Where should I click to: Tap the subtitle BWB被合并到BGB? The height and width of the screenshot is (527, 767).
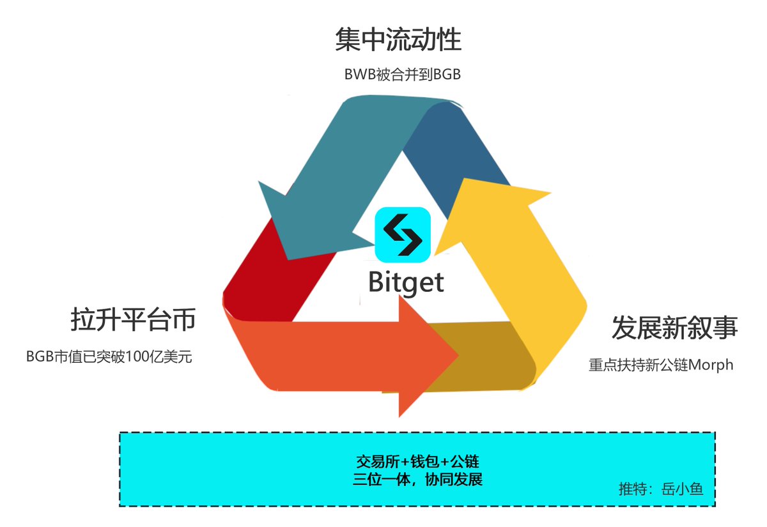(402, 75)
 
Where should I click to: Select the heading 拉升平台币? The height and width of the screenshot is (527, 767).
(133, 320)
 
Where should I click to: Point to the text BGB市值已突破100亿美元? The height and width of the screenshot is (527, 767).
(109, 356)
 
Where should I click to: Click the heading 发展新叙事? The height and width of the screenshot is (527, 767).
(674, 327)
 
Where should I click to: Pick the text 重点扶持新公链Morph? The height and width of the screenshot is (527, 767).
(661, 365)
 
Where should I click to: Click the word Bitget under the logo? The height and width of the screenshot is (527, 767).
(406, 281)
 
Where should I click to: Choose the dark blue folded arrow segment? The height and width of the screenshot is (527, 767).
(460, 147)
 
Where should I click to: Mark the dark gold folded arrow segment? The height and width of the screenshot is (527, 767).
(479, 358)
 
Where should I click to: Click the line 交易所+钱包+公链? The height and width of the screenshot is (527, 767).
(417, 461)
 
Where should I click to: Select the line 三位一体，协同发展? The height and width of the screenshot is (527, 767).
(417, 479)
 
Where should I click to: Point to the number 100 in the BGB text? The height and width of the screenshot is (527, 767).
(137, 356)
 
